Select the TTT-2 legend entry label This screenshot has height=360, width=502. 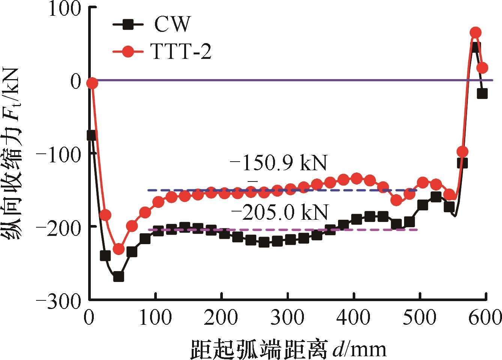(182, 52)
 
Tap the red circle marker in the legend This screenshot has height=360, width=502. (128, 52)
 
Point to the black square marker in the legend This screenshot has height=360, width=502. (128, 25)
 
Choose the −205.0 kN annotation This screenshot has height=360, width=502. (280, 213)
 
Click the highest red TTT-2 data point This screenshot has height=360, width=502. (475, 33)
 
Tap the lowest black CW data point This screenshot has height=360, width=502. (119, 277)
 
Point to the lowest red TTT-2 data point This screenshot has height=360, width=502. (119, 249)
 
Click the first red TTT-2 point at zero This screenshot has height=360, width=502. (92, 83)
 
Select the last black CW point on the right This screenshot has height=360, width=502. (482, 94)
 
